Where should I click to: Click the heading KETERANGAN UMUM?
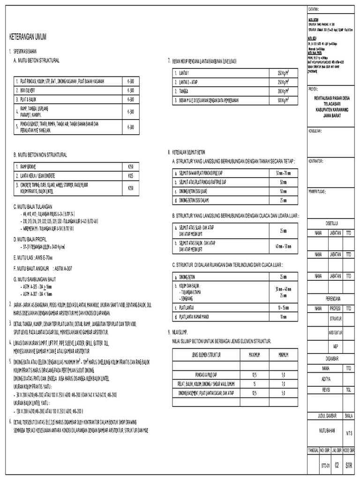click(28, 37)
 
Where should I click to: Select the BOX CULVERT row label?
click(29, 90)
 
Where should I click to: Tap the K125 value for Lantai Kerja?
click(131, 175)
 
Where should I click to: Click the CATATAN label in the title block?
click(314, 9)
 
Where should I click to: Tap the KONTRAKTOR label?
click(316, 161)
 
